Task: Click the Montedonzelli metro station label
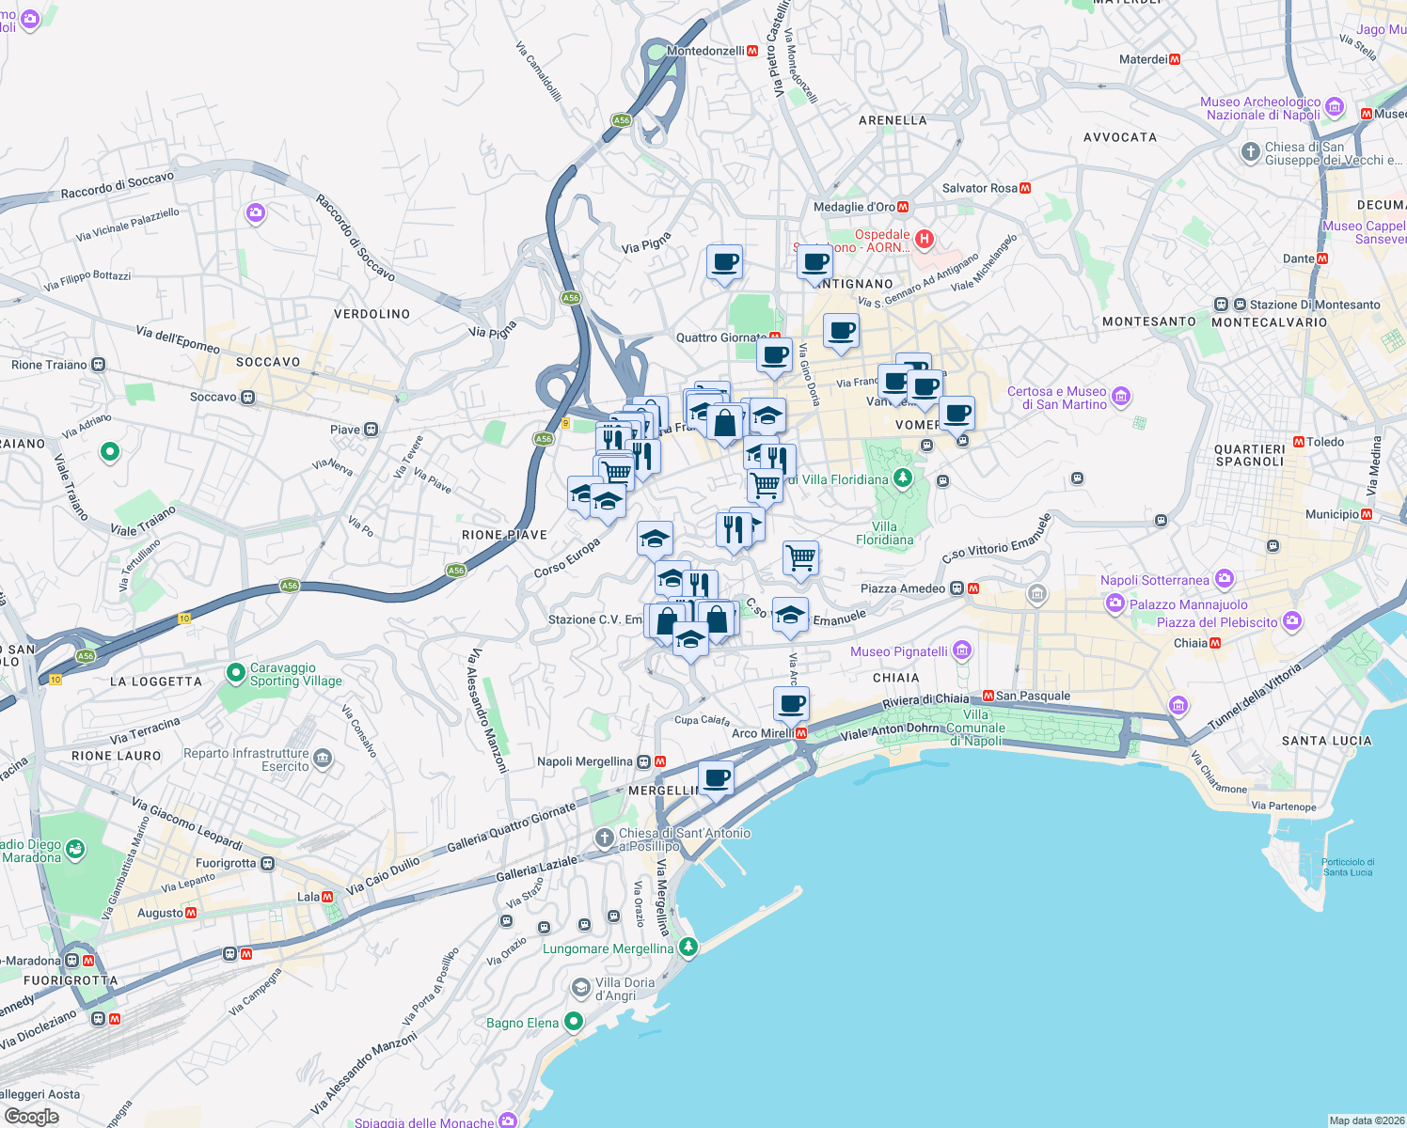[705, 51]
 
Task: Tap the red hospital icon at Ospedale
[924, 239]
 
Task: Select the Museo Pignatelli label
[899, 651]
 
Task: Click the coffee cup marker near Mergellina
[716, 778]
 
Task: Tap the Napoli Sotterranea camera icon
[1224, 579]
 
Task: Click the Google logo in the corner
[31, 1117]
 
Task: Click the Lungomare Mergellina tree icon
[688, 947]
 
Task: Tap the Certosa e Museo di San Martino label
[1056, 398]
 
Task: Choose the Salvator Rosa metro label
[979, 188]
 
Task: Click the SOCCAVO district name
[268, 362]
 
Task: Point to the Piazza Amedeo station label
[903, 588]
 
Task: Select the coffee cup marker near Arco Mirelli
[791, 703]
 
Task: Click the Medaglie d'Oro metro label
[854, 207]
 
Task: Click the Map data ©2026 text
[1366, 1120]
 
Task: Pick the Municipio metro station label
[1332, 514]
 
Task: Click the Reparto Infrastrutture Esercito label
[246, 760]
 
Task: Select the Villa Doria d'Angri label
[624, 989]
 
